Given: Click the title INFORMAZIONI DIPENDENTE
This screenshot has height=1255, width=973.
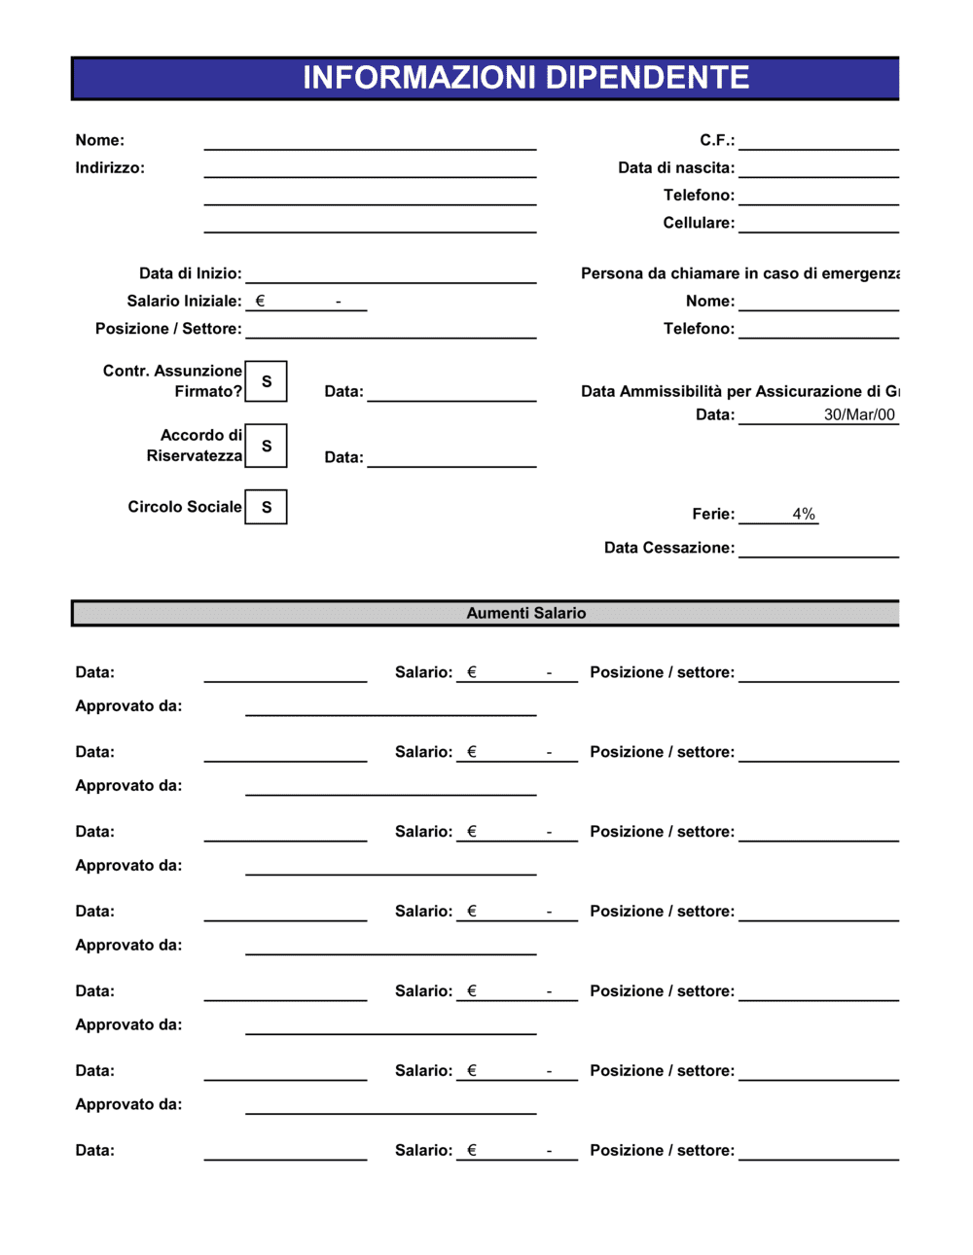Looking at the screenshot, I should (x=525, y=78).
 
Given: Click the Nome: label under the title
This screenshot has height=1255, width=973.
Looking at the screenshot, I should (x=100, y=140).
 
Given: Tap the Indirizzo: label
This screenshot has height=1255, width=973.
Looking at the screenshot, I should (x=110, y=167).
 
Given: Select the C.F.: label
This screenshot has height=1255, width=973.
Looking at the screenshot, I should (x=717, y=140).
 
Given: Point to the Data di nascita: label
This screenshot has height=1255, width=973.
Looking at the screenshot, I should (x=676, y=167).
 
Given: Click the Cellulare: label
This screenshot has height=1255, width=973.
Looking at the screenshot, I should (x=699, y=223).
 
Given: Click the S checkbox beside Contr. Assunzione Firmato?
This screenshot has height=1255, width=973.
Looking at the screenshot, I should (x=266, y=381).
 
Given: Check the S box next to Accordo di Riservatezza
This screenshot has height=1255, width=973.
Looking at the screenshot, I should (x=266, y=446).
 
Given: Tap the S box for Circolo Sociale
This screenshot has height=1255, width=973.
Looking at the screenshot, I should (x=266, y=507).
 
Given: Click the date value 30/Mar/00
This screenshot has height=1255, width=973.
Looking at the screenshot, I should (x=859, y=414).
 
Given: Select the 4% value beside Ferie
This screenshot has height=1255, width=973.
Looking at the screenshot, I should (x=804, y=514).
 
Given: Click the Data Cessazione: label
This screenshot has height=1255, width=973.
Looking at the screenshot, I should (x=669, y=548).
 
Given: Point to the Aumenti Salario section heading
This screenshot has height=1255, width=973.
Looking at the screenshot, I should (x=525, y=613).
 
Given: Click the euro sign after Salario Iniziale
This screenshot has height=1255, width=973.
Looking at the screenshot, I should (x=260, y=301).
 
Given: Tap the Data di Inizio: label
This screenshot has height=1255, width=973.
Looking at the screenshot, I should (x=191, y=273).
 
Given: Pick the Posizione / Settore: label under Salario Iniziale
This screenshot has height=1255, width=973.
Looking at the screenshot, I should (x=168, y=329).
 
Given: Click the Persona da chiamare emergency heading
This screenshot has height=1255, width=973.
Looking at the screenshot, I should (x=739, y=273).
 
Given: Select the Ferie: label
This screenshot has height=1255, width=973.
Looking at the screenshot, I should (x=713, y=514).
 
